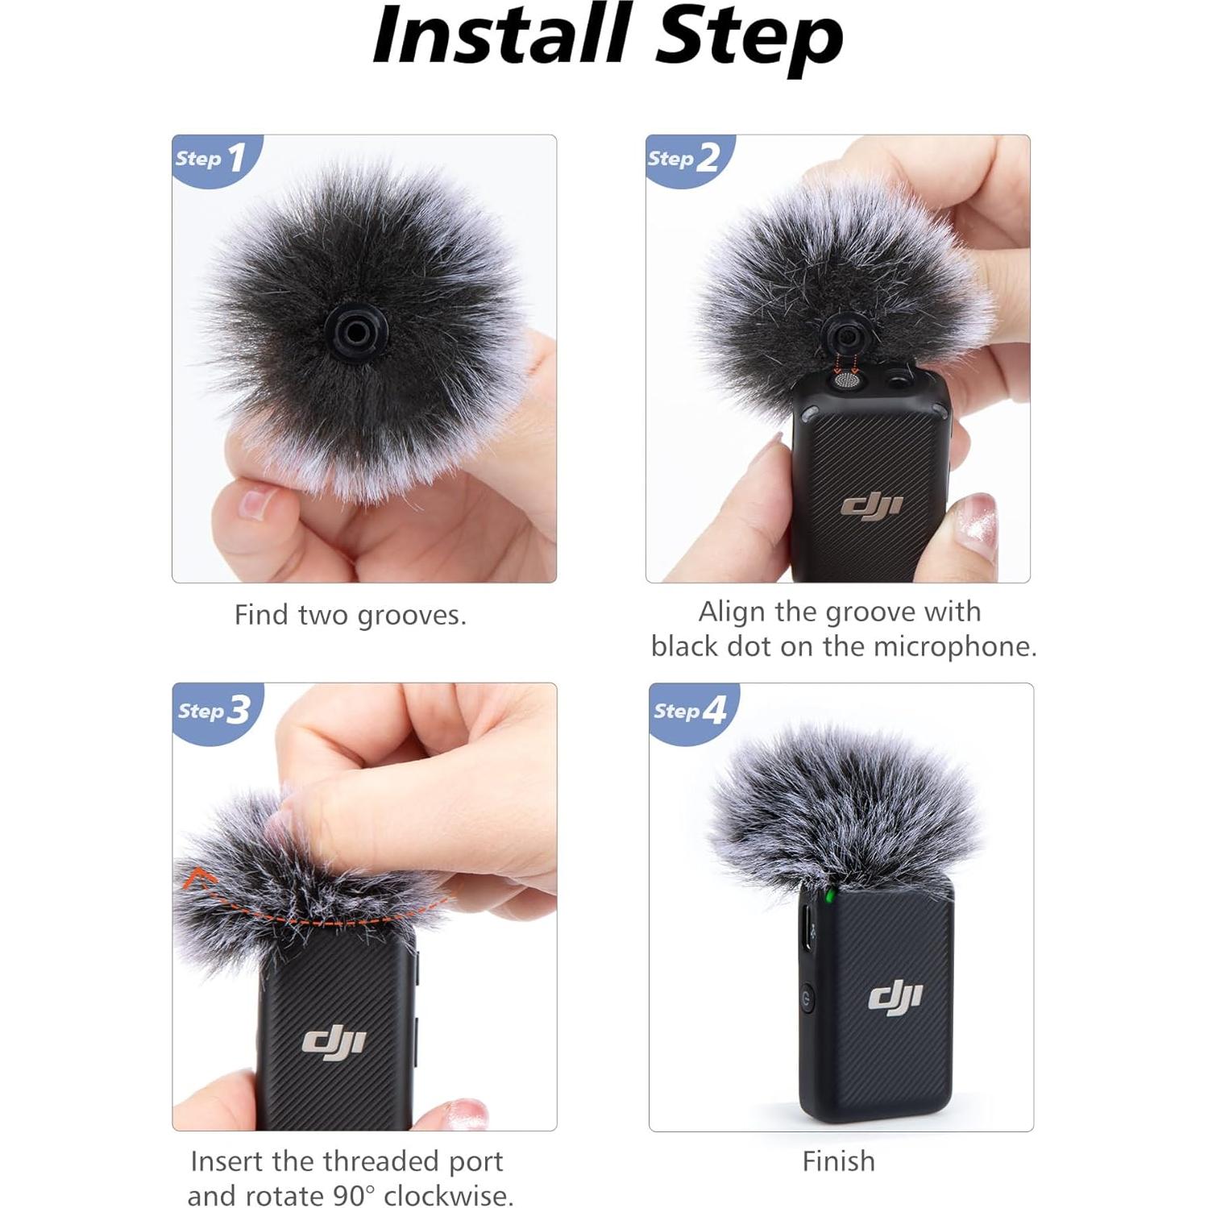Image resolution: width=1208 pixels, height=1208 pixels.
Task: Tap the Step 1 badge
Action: pos(211,158)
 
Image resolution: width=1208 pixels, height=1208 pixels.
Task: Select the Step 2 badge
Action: pos(684,158)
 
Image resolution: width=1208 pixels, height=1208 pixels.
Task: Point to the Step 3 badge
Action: pos(214,710)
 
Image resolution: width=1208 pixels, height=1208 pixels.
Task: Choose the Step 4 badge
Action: pos(690,710)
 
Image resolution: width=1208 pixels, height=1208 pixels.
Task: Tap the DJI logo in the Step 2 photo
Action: pos(871,506)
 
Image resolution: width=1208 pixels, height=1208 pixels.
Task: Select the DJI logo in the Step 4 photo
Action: pos(895,998)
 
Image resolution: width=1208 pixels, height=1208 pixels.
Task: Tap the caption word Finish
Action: pos(838,1161)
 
